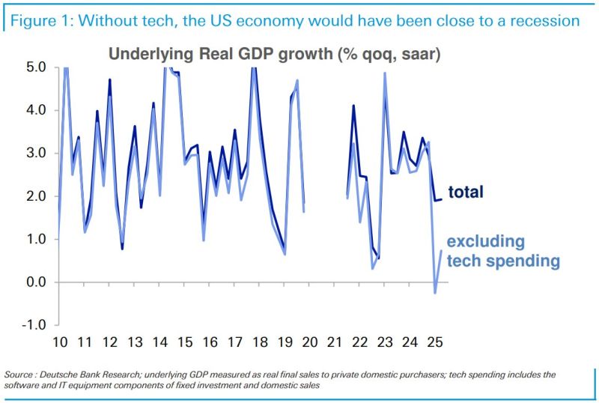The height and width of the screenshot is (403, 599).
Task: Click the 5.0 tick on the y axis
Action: click(x=37, y=67)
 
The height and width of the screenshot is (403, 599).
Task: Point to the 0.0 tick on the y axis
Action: click(x=37, y=282)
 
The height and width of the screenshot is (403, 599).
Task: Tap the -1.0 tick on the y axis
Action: click(x=35, y=325)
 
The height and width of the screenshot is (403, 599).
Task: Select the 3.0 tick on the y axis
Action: click(x=37, y=153)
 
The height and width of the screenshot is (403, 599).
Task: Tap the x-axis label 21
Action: click(x=335, y=342)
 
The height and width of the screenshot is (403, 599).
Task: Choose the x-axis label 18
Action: click(x=260, y=342)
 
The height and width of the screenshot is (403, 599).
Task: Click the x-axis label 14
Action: click(x=159, y=342)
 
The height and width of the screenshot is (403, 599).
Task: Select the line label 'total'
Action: click(x=466, y=193)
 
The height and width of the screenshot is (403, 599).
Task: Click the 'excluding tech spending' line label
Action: click(x=503, y=251)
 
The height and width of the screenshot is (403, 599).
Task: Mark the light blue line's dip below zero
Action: click(x=435, y=293)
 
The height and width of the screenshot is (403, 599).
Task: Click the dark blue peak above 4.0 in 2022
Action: click(x=353, y=106)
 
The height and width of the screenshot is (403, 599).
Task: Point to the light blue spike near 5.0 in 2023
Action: click(x=384, y=73)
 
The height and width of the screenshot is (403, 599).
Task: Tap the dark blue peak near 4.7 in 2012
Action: click(x=109, y=79)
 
